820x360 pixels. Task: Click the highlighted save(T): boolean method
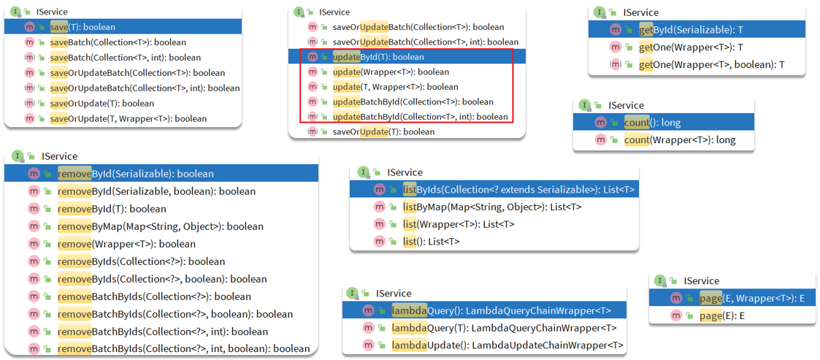pos(83,27)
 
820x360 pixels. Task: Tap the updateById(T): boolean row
pos(378,56)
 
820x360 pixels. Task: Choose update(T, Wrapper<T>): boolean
pos(395,87)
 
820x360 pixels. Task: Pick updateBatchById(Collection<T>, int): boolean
pos(420,117)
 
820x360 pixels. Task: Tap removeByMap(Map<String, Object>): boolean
pos(161,227)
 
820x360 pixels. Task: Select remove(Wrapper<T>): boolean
pos(126,245)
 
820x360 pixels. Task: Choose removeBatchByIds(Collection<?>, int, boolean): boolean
pos(183,348)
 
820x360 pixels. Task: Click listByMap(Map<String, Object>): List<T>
pos(493,207)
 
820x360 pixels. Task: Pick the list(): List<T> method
pos(432,242)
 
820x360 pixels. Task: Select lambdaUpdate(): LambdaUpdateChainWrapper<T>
pos(507,345)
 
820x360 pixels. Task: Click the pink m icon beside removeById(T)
pos(34,210)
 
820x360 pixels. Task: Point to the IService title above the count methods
pos(626,106)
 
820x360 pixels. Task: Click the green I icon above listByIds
pos(362,172)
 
